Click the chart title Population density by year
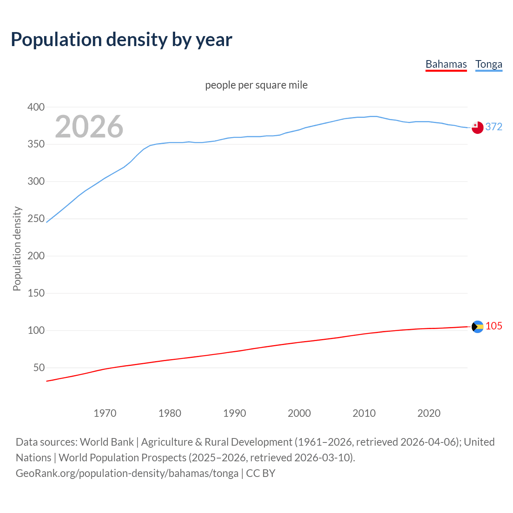point(121,40)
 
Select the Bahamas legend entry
point(446,64)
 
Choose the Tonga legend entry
point(489,64)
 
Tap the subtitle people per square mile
point(256,85)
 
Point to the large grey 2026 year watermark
point(89,127)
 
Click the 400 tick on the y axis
point(36,107)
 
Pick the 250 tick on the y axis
point(36,219)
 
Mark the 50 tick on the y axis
point(39,368)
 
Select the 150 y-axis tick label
point(36,293)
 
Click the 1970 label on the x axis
point(105,413)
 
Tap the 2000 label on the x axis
point(299,413)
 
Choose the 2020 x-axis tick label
point(429,413)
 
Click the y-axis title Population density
point(17,248)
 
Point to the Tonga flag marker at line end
point(477,127)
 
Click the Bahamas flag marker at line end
point(477,327)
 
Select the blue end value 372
point(494,127)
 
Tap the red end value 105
point(494,326)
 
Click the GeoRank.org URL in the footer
point(127,473)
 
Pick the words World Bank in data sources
point(107,442)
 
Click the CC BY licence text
point(261,473)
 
